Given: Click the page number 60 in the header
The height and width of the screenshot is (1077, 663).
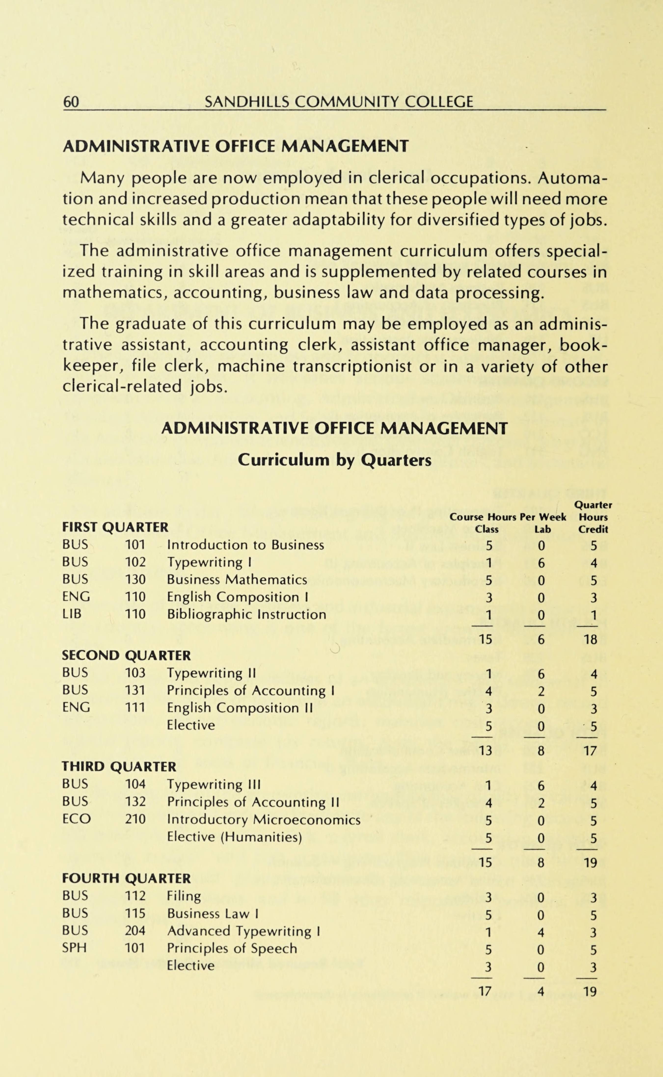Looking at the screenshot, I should click(x=71, y=102).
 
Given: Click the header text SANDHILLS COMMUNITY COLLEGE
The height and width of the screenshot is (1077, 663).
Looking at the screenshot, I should click(x=339, y=102).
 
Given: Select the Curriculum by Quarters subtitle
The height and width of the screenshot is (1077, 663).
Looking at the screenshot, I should click(x=334, y=460).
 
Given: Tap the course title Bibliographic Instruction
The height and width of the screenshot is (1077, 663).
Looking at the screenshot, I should click(x=246, y=614).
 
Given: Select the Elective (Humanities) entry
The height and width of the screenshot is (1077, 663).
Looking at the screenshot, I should click(x=235, y=837).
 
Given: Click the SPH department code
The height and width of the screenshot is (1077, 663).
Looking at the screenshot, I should click(x=75, y=948).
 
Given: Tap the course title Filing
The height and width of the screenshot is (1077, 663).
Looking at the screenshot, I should click(x=184, y=896).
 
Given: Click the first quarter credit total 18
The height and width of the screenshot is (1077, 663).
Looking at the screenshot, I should click(x=591, y=640).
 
